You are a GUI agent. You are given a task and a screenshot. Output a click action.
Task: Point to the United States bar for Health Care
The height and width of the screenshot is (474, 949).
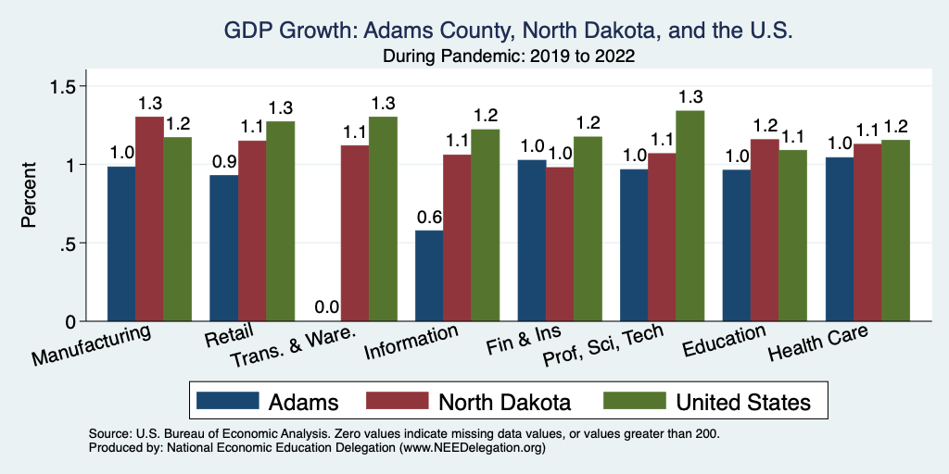tap(895, 231)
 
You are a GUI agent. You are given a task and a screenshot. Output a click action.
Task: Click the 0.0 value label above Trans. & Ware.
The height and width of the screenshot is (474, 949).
tap(326, 306)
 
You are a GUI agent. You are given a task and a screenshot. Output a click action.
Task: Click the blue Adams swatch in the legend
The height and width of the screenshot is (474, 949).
tap(228, 401)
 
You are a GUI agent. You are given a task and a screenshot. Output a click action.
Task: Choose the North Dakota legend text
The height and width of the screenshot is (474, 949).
tap(504, 402)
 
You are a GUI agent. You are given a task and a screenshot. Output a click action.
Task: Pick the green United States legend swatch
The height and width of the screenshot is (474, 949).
tap(634, 401)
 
